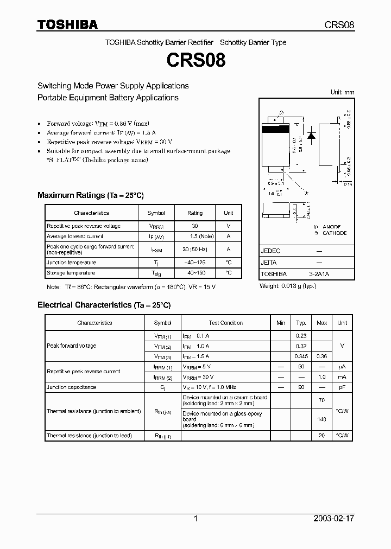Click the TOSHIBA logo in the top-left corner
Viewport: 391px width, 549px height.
coord(67,24)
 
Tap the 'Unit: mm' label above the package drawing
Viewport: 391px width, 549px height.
coord(342,92)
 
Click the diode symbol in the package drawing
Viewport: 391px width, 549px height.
coord(312,136)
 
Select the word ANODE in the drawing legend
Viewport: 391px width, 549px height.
coord(332,227)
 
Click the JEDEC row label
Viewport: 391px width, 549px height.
coord(271,251)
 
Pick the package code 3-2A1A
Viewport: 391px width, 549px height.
coord(319,274)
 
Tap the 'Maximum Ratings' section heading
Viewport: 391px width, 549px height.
coord(71,195)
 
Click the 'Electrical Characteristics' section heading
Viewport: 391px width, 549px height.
coord(84,305)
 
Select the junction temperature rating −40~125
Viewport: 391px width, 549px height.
coord(194,263)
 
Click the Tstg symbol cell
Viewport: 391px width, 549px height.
coord(156,273)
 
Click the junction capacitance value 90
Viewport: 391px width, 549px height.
coord(301,387)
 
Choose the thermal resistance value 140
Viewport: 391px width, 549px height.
coord(321,419)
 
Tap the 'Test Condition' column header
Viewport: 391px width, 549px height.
coord(225,323)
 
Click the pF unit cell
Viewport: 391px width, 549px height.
coord(342,387)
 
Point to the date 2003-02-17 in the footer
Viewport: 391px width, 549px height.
coord(333,519)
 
